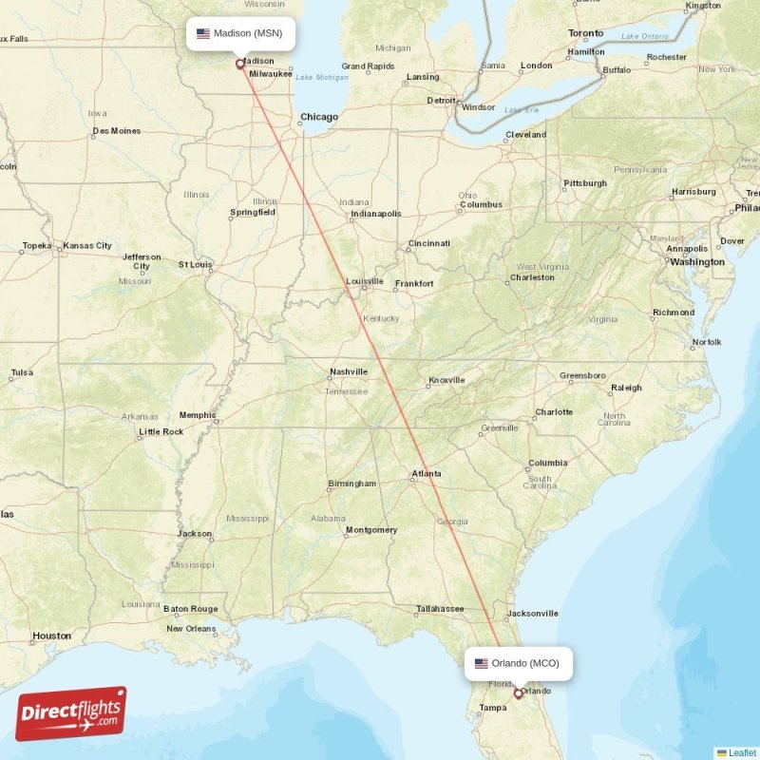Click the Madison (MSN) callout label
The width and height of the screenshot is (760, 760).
tap(240, 33)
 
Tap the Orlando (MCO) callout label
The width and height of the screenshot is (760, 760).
tap(519, 663)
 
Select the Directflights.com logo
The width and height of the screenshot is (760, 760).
tap(71, 713)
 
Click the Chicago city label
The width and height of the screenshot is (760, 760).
tap(319, 118)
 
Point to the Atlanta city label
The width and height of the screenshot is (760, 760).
tap(426, 473)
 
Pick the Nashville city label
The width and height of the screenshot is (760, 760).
tap(349, 371)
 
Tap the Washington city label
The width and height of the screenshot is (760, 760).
tap(696, 261)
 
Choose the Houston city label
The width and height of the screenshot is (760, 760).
tap(51, 636)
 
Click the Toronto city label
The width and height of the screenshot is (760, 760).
tap(585, 33)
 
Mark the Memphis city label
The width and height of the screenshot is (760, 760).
tap(198, 415)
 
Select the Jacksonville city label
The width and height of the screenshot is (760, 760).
tap(533, 614)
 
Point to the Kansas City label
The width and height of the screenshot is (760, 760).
tap(87, 246)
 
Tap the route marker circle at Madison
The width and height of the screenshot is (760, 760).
tap(239, 65)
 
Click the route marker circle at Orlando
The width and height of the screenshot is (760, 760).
tap(518, 693)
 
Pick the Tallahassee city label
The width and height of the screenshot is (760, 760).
tap(440, 609)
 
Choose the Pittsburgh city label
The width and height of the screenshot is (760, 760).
tap(585, 183)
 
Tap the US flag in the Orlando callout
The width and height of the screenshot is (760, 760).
tap(482, 663)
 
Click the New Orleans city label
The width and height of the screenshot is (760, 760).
tap(191, 629)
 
